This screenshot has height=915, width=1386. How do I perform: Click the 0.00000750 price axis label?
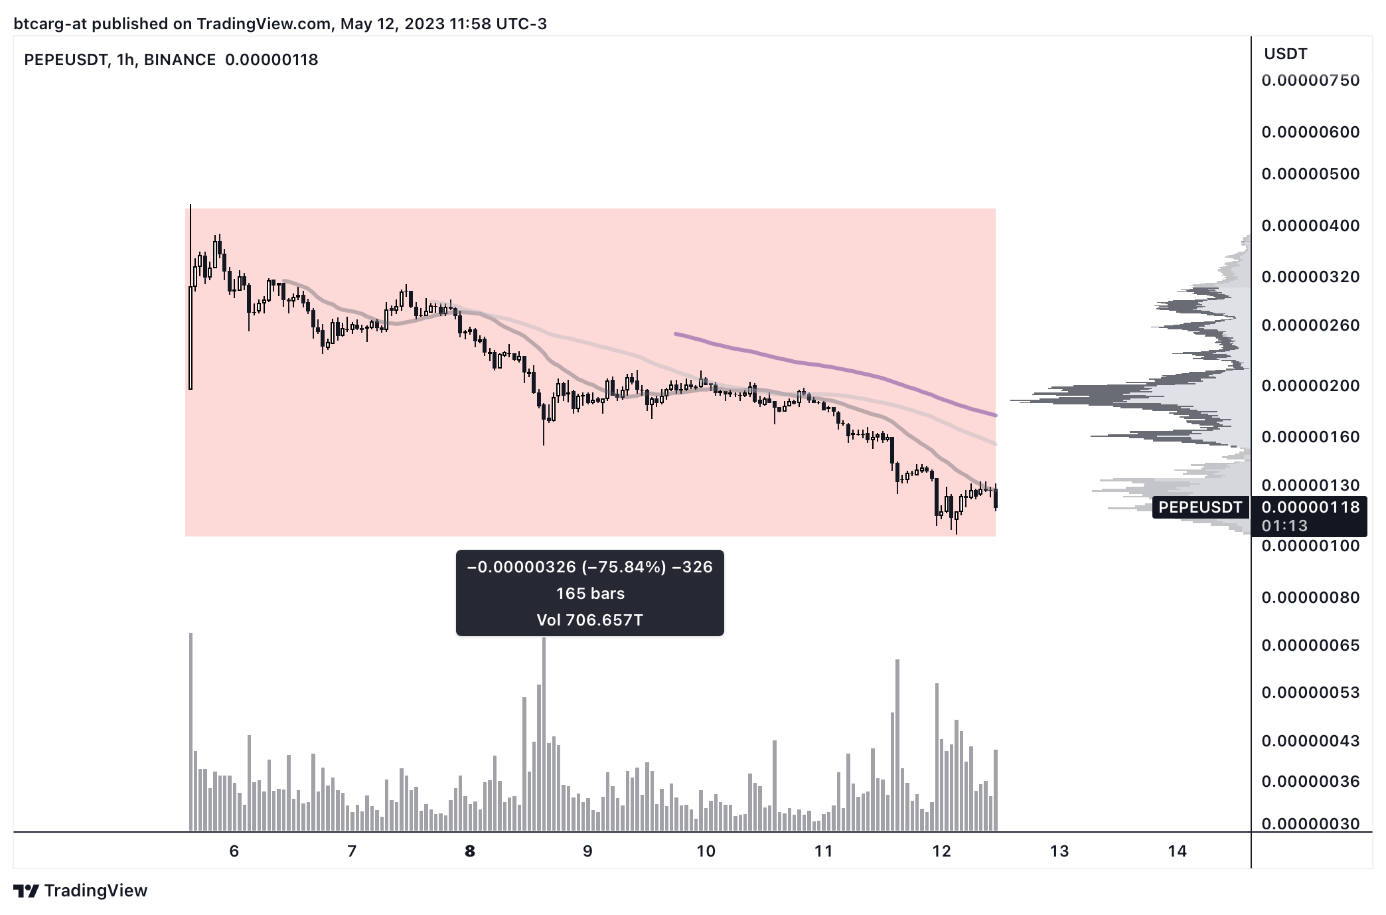pos(1310,80)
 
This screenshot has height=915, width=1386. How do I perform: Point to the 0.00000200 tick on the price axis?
pos(1310,386)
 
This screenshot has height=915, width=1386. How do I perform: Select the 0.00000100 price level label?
pos(1310,546)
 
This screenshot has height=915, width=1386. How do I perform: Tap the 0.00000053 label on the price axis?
pos(1310,693)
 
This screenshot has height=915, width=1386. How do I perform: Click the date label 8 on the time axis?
pos(470,851)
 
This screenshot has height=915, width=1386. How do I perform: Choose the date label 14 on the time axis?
pos(1177,851)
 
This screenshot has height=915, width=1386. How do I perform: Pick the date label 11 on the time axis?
pos(823,851)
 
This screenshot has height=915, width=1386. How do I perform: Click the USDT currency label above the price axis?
pos(1285,54)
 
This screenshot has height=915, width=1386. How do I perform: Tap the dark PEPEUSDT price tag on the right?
pos(1200,507)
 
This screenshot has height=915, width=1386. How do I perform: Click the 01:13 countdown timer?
pos(1284,526)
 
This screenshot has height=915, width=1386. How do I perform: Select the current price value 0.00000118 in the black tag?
pos(1310,507)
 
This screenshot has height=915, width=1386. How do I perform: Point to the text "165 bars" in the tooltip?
pos(590,593)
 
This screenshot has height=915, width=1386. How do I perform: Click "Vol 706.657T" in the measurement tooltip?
pos(590,620)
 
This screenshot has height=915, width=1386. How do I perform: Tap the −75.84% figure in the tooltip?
pos(623,567)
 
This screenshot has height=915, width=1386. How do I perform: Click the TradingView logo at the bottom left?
pos(80,890)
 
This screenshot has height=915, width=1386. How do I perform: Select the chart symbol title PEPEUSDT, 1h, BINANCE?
pos(120,60)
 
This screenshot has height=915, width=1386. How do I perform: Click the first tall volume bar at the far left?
pos(191,730)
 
